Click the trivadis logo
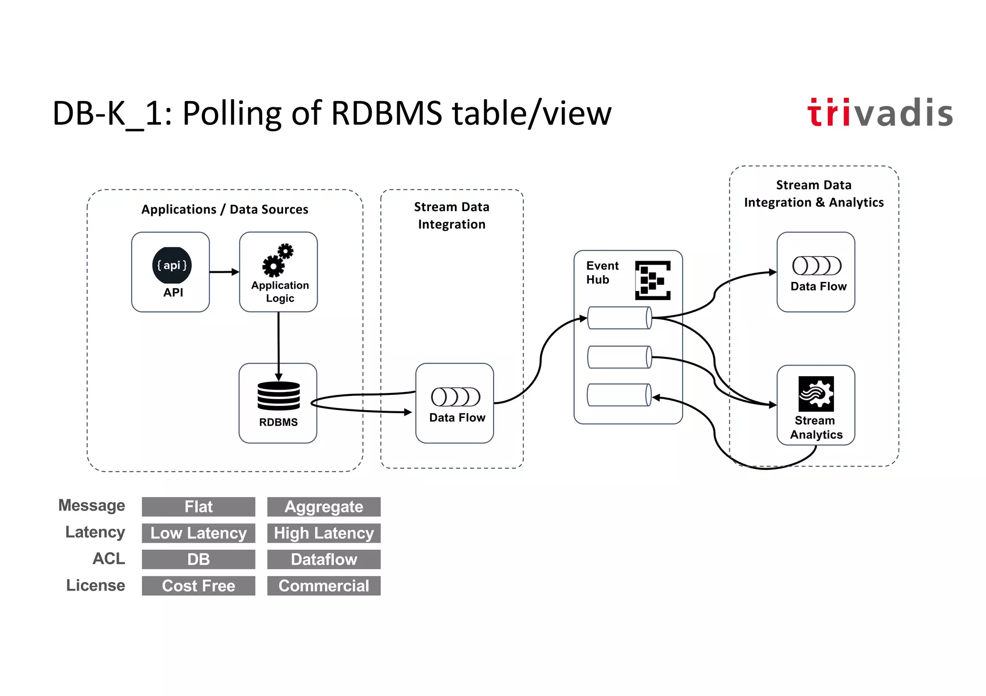(x=880, y=113)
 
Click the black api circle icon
(x=172, y=266)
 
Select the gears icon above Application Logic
(x=278, y=260)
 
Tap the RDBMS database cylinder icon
(x=278, y=395)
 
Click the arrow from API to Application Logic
(x=224, y=272)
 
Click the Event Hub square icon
(x=652, y=280)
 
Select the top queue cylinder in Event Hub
(x=620, y=318)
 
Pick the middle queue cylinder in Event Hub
(x=620, y=357)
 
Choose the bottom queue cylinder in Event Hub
(x=619, y=395)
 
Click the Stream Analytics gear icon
(x=816, y=393)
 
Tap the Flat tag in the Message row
(x=198, y=506)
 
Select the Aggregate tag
(x=324, y=506)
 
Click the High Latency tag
(x=324, y=533)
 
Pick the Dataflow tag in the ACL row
(x=324, y=559)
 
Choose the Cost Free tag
(x=198, y=586)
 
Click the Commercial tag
(x=324, y=586)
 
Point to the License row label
(x=95, y=585)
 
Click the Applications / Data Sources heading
(x=224, y=209)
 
